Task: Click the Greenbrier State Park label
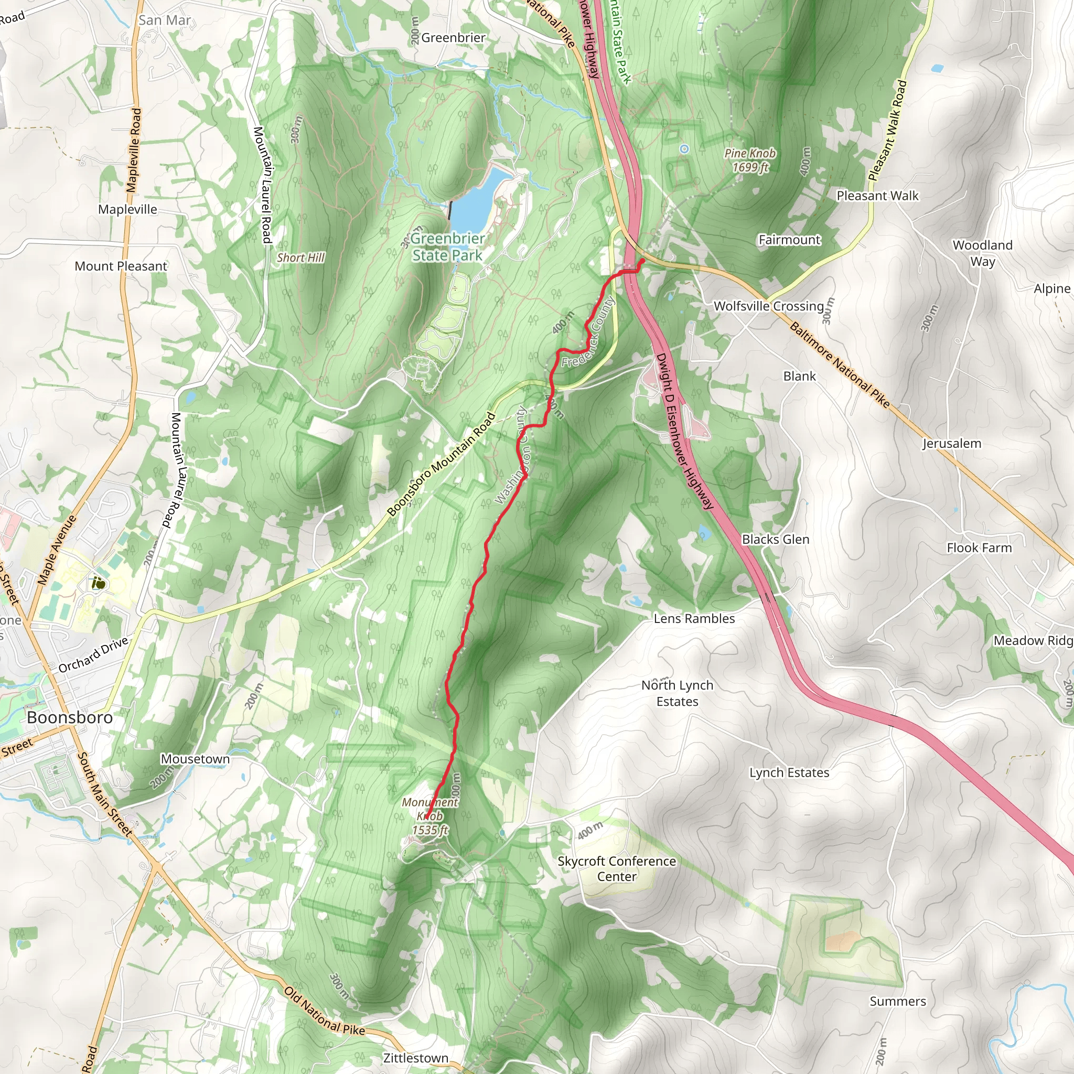point(447,247)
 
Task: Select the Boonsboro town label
point(70,718)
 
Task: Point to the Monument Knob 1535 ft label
point(430,816)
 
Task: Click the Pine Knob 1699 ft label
point(750,160)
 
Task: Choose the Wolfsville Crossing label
point(768,306)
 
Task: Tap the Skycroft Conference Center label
point(617,868)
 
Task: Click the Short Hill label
point(300,258)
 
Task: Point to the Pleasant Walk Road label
point(887,131)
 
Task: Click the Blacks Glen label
point(776,539)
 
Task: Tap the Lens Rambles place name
point(694,619)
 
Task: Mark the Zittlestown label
point(415,1058)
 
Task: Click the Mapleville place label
point(127,210)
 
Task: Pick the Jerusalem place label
point(952,444)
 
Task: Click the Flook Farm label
point(979,548)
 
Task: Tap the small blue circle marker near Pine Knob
point(684,149)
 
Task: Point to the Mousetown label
point(195,759)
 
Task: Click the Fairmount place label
point(789,240)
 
